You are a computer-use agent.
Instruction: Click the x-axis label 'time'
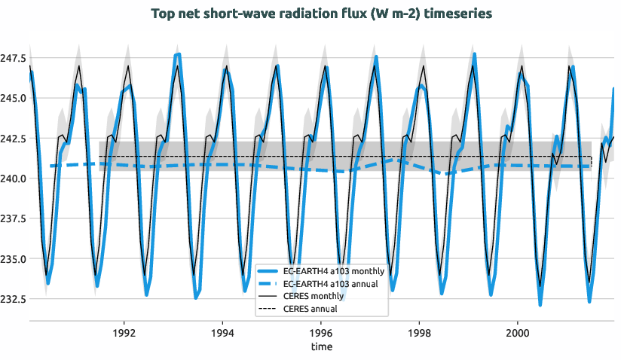coord(322,347)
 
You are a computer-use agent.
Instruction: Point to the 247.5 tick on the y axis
coord(14,58)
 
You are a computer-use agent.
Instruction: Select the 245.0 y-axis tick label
coord(14,98)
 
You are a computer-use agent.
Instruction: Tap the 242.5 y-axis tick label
coord(14,139)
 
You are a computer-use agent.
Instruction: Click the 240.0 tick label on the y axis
coord(14,178)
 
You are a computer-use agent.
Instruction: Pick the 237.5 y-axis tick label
coord(14,219)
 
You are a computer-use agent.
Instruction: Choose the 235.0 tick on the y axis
coord(14,259)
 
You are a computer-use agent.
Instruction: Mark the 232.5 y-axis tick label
coord(14,299)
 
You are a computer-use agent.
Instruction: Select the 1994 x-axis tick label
coord(222,332)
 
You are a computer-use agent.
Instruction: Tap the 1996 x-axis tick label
coord(321,332)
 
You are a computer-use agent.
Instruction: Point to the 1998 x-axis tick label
coord(419,332)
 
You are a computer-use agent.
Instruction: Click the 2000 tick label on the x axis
coord(518,332)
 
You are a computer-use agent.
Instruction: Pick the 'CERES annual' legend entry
coord(312,309)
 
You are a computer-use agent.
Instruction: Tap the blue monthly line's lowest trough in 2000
coord(540,304)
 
